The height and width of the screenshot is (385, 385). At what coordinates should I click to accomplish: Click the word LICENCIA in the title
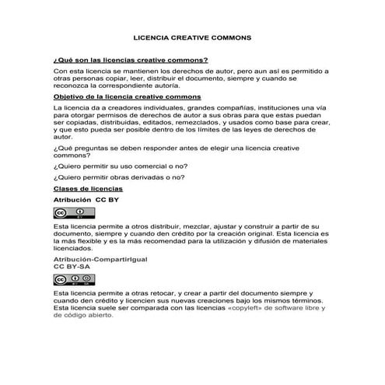(152, 37)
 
